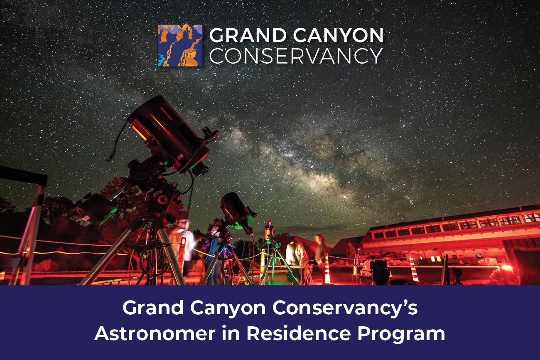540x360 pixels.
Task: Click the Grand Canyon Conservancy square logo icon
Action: (x=180, y=45)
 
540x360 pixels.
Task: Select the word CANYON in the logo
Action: (x=338, y=35)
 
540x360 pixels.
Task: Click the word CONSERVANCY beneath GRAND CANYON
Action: (x=296, y=56)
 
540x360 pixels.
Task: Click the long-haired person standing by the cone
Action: (x=320, y=253)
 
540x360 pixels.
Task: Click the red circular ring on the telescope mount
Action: (x=162, y=199)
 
